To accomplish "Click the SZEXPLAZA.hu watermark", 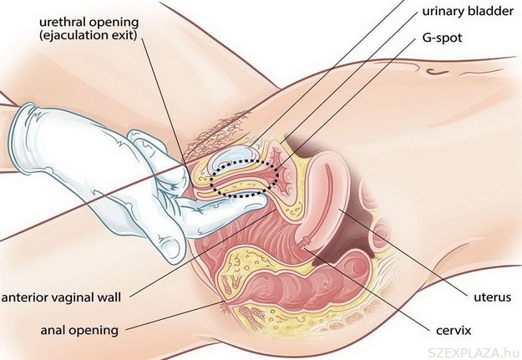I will pyautogui.click(x=474, y=348).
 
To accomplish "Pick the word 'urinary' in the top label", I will pyautogui.click(x=442, y=13).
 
